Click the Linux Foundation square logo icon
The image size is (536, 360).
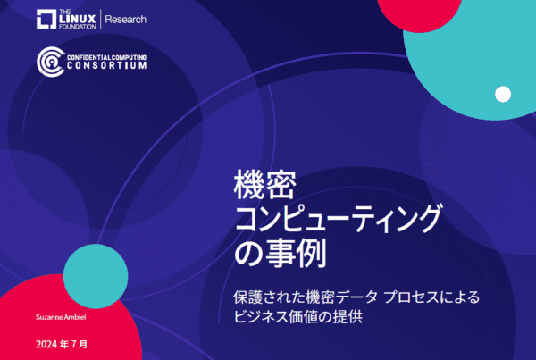[46, 19]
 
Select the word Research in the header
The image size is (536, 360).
[125, 20]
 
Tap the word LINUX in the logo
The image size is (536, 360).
[77, 20]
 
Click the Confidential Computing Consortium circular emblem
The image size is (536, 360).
[51, 62]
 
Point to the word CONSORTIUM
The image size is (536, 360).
[106, 65]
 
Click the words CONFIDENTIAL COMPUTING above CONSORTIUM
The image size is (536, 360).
[106, 57]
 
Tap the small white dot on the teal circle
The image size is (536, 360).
[503, 94]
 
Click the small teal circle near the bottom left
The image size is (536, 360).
[96, 276]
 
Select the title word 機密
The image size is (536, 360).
[265, 185]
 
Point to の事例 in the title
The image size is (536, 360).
[281, 254]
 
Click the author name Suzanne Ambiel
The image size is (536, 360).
[61, 317]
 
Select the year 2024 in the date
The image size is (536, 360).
[46, 344]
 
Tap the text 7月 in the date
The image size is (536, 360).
[80, 344]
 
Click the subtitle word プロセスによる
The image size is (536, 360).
[432, 297]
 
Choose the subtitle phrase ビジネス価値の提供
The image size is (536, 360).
[298, 317]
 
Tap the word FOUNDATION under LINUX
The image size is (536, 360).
[77, 27]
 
